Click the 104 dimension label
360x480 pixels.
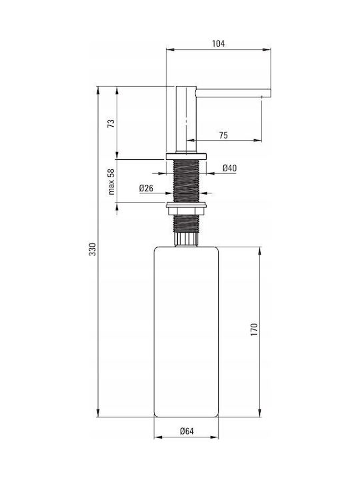[218, 43]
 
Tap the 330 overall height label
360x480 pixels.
[93, 249]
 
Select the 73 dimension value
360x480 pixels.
[112, 123]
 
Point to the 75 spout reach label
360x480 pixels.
[223, 135]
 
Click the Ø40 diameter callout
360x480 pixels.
[229, 168]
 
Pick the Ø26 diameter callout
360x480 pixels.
[146, 188]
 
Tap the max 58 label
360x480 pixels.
[111, 181]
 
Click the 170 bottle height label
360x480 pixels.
[254, 329]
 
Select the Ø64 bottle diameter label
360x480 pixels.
[187, 431]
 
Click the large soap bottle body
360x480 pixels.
[186, 332]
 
